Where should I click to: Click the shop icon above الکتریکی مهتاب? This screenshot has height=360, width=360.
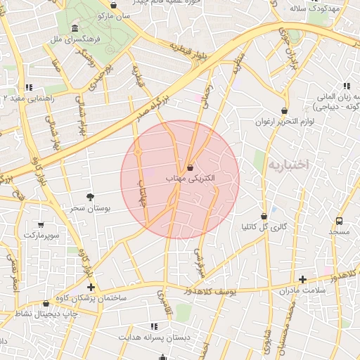coord(191,168)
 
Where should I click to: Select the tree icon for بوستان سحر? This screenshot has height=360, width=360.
coord(90,198)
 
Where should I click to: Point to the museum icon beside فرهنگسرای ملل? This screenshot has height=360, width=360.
coord(75,28)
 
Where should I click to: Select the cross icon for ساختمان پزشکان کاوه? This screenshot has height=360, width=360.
coord(91,287)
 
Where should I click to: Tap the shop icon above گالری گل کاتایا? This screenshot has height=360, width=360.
coord(264,216)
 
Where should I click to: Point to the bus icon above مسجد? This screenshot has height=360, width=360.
coord(340,221)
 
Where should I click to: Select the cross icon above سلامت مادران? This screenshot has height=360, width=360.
coord(302,279)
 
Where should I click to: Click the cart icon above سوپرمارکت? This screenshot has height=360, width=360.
coord(41,225)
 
